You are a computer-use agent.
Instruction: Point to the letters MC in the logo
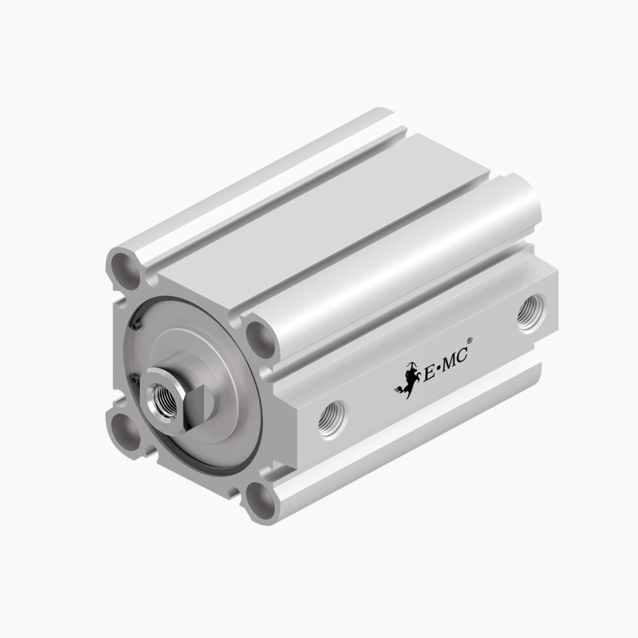454,357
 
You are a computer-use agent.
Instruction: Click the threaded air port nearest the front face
332,418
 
